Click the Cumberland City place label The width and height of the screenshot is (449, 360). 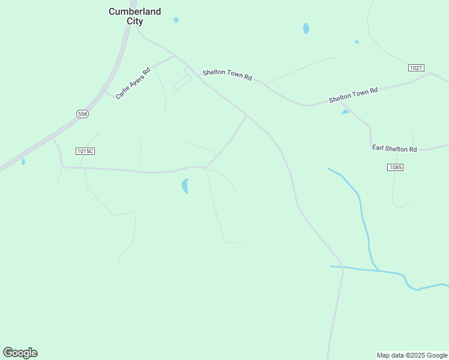134,16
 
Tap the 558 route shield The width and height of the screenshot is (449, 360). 82,114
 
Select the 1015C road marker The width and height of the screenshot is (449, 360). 85,151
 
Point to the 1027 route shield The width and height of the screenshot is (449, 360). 416,68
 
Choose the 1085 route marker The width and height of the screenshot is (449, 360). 395,167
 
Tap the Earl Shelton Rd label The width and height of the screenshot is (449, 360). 394,149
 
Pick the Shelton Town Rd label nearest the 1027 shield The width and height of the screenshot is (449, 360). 353,95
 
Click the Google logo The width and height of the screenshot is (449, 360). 20,353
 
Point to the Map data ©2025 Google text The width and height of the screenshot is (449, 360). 412,355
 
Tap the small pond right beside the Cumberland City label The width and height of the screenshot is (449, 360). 176,20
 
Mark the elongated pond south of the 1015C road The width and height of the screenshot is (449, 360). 185,187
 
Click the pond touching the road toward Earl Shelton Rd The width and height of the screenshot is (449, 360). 345,112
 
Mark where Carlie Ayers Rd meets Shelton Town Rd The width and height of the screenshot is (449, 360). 175,56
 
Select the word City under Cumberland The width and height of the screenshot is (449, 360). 134,21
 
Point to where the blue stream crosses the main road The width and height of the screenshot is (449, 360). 342,267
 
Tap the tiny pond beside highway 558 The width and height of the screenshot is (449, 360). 23,161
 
